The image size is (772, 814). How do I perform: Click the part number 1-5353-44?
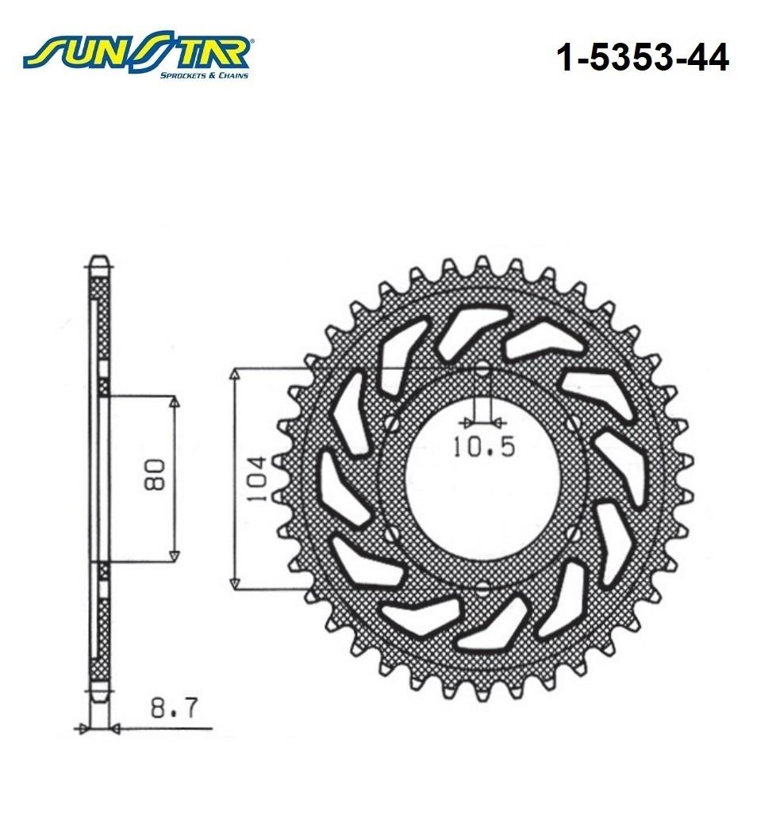click(642, 58)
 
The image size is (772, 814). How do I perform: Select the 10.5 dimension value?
click(484, 446)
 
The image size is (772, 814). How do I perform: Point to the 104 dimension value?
click(257, 479)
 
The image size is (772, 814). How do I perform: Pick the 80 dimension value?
click(155, 475)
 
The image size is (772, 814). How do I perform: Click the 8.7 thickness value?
click(174, 708)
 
